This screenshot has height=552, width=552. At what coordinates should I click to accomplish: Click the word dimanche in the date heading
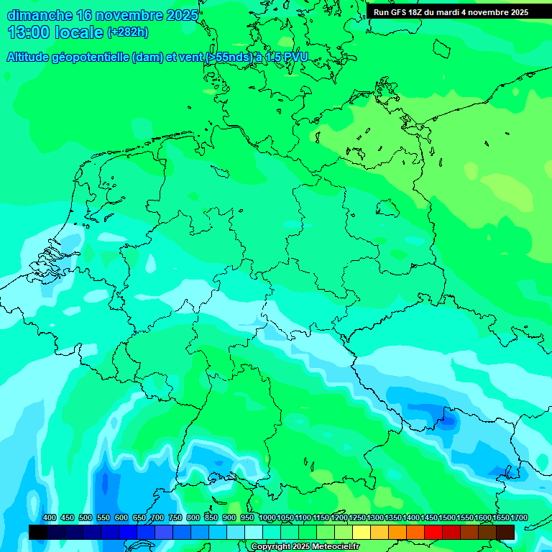point(40,15)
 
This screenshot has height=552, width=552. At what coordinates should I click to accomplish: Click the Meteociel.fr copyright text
point(331,547)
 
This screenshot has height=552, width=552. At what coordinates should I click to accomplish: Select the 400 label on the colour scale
point(50,518)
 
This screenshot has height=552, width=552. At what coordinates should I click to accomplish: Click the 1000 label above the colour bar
point(267,518)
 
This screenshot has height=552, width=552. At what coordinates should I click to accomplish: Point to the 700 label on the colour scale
point(157,518)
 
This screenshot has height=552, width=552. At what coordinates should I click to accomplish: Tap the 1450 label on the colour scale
point(429,518)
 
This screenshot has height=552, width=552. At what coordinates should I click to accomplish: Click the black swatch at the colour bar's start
point(38,532)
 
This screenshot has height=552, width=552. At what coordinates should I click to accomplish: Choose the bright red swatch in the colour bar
point(433,532)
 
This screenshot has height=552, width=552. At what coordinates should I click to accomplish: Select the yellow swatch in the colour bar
point(362,532)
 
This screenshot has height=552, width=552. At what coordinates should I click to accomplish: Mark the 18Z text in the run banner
point(415,12)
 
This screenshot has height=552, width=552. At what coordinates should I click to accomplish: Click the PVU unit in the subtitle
point(294,57)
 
